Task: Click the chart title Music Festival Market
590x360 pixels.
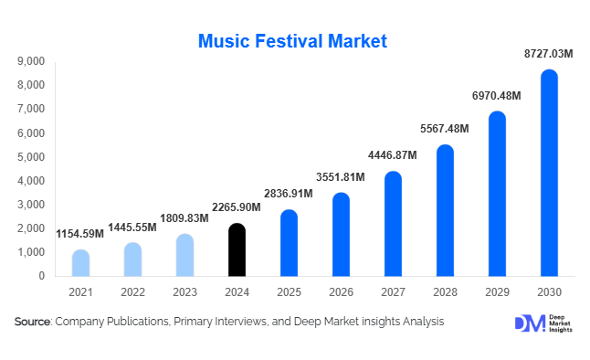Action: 293,40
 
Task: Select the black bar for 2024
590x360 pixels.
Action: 237,249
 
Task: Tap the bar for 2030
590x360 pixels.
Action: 549,173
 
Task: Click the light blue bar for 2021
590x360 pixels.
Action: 80,262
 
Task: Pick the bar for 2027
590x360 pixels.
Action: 393,224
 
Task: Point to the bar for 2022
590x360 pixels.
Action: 132,259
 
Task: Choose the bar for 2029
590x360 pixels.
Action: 497,194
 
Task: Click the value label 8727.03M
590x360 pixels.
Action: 549,55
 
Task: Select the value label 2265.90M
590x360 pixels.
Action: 237,207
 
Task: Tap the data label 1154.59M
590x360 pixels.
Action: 80,234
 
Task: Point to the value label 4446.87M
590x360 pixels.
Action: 393,155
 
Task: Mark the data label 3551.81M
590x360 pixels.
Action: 341,176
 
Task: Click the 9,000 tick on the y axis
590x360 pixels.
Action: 31,61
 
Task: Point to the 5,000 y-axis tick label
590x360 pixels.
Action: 31,156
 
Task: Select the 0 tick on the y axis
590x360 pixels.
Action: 42,275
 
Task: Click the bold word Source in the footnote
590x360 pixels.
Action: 33,322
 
